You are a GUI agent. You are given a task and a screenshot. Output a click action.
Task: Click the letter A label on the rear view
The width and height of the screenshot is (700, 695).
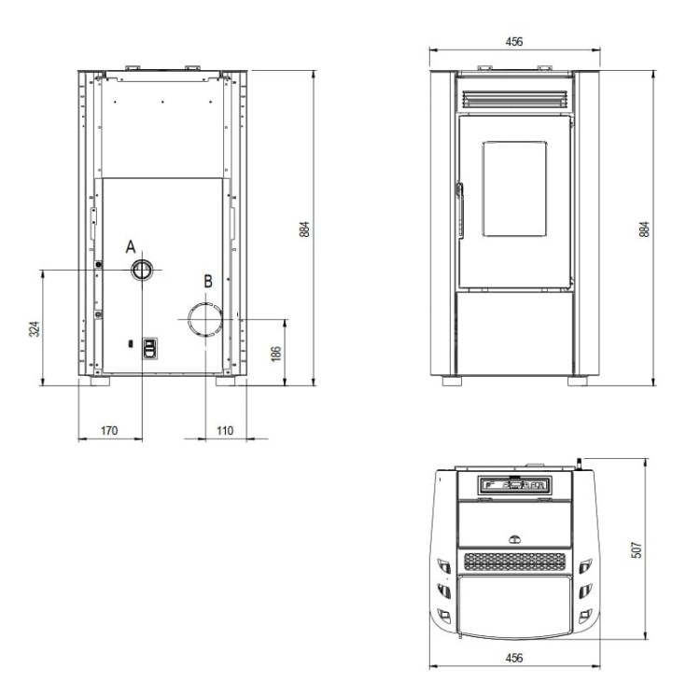(x=131, y=246)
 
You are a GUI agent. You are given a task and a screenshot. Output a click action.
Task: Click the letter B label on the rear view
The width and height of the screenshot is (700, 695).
(x=208, y=282)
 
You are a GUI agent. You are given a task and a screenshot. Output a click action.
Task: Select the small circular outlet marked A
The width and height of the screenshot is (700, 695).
(x=142, y=270)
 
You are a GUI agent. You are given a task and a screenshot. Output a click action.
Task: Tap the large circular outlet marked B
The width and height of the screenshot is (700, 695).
(x=205, y=319)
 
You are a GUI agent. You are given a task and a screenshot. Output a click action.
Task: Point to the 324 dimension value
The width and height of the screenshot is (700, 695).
(x=35, y=328)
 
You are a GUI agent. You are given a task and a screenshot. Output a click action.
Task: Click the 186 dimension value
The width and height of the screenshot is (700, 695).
(x=276, y=354)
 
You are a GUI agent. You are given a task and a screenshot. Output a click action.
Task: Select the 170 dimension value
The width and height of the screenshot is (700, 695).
(x=109, y=430)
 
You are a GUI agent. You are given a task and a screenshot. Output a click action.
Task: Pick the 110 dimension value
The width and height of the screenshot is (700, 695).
(x=225, y=430)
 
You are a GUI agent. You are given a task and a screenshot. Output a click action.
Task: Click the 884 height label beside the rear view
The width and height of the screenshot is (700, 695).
(x=304, y=229)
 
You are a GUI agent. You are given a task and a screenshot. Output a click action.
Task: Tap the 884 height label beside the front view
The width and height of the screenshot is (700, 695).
(x=644, y=229)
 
